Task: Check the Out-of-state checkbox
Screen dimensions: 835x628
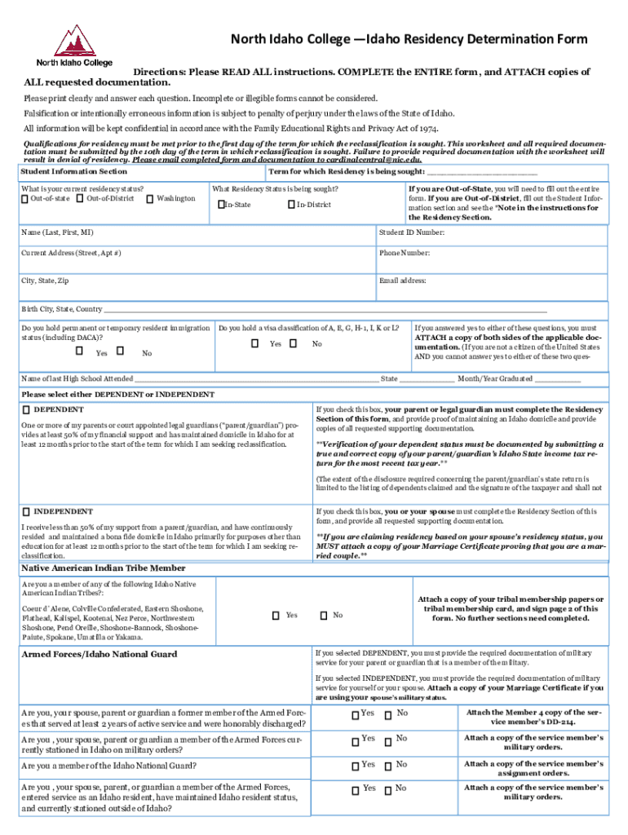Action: [25, 199]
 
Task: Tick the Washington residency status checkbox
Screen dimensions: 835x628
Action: [150, 199]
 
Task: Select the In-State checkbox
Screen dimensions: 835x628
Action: [221, 204]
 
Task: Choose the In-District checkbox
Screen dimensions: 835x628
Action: [291, 204]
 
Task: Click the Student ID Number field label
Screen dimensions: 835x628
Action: [412, 232]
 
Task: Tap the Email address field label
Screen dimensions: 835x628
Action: [403, 281]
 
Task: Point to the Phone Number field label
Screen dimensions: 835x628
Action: [405, 253]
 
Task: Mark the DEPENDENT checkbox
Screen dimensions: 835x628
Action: [26, 409]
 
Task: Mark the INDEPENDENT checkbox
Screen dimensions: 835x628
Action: [26, 511]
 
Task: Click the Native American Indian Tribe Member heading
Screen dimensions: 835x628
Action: [103, 568]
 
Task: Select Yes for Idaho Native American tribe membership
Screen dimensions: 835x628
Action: [276, 616]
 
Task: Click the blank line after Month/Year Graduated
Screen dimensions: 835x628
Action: [559, 380]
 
